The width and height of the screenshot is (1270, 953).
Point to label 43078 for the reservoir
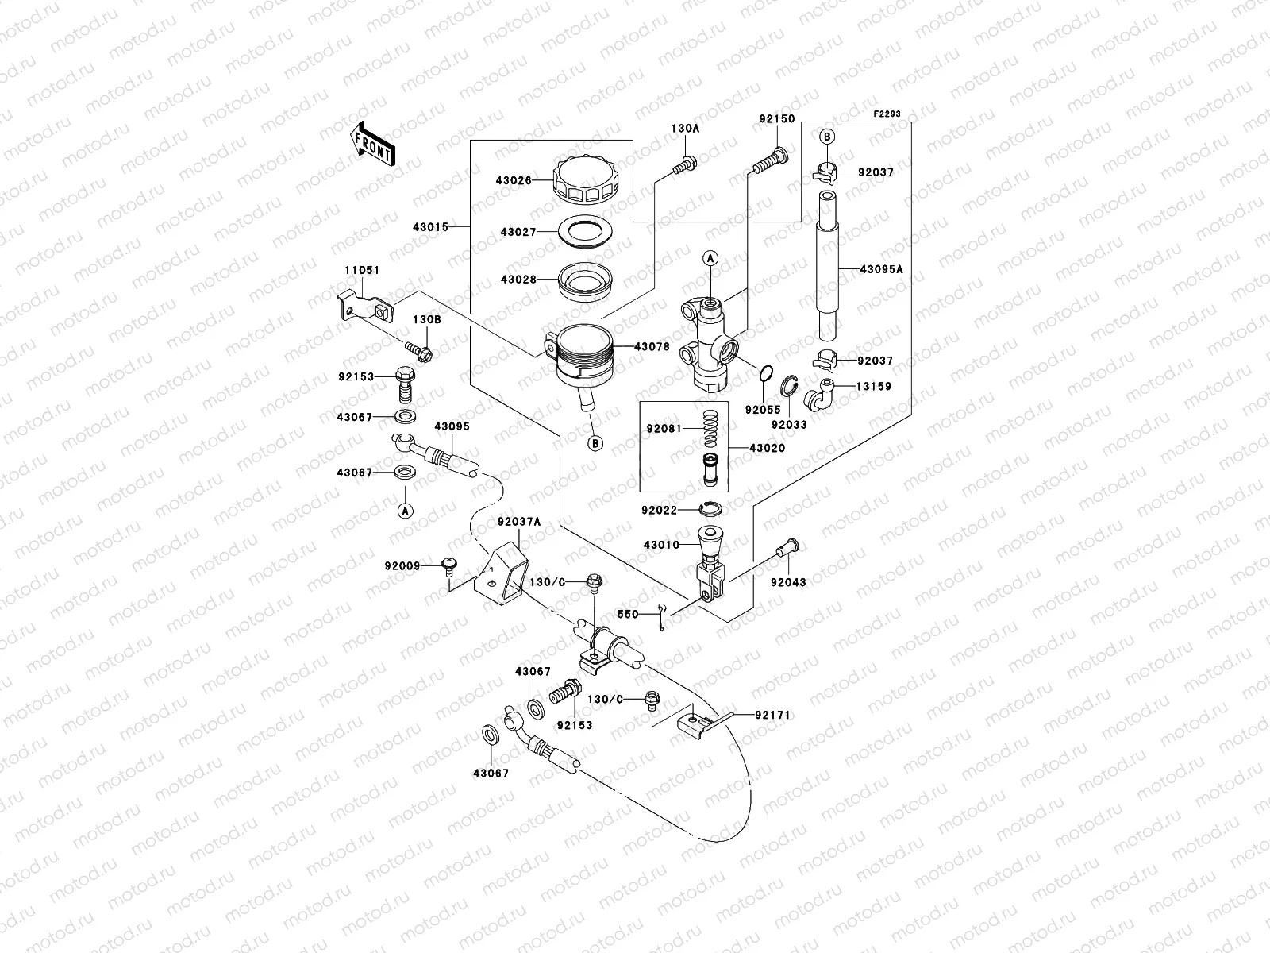[652, 347]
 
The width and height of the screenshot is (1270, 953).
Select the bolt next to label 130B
[418, 350]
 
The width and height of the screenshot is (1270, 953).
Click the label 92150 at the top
[775, 118]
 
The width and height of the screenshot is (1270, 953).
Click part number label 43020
[767, 448]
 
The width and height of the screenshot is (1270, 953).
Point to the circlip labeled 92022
[710, 509]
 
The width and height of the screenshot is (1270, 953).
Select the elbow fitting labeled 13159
[818, 391]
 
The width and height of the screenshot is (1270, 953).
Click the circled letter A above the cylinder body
[710, 257]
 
